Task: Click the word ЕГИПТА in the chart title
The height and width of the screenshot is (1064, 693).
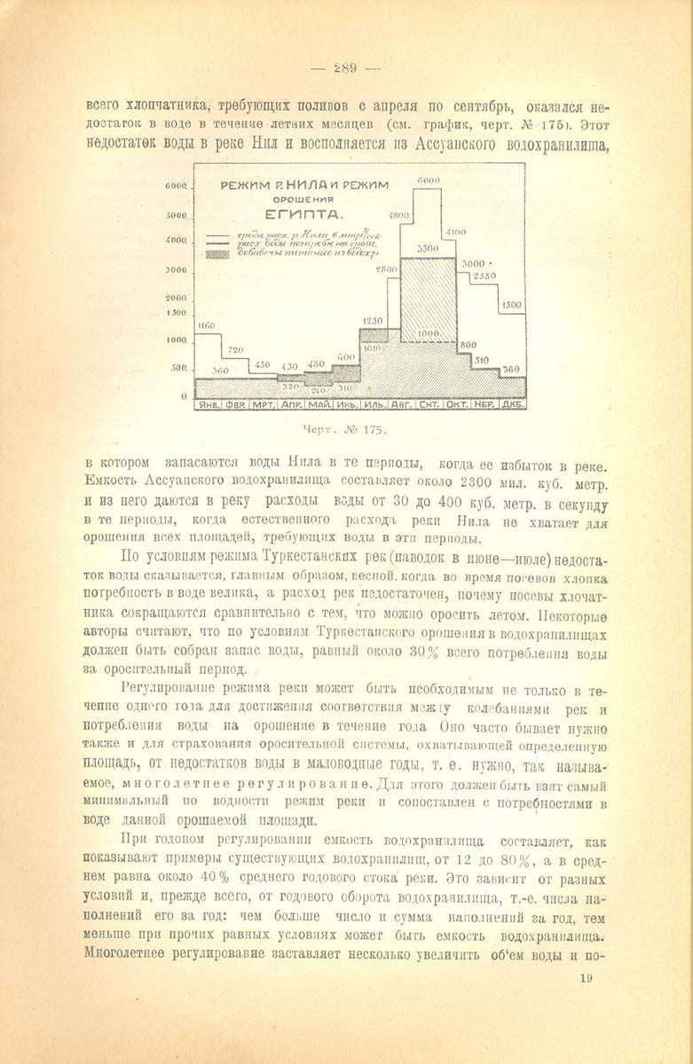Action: tap(302, 215)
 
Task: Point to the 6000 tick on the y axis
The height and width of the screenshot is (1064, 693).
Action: tap(175, 185)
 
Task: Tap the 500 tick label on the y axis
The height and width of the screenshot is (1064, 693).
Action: tap(177, 367)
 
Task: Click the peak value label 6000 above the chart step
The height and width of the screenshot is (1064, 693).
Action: tap(428, 180)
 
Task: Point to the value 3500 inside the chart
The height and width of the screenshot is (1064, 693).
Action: tap(429, 249)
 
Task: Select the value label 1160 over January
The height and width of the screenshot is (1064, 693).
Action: tap(207, 325)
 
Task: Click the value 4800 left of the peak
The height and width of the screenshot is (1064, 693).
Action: tap(398, 215)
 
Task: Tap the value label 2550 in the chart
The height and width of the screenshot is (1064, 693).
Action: tap(484, 276)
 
